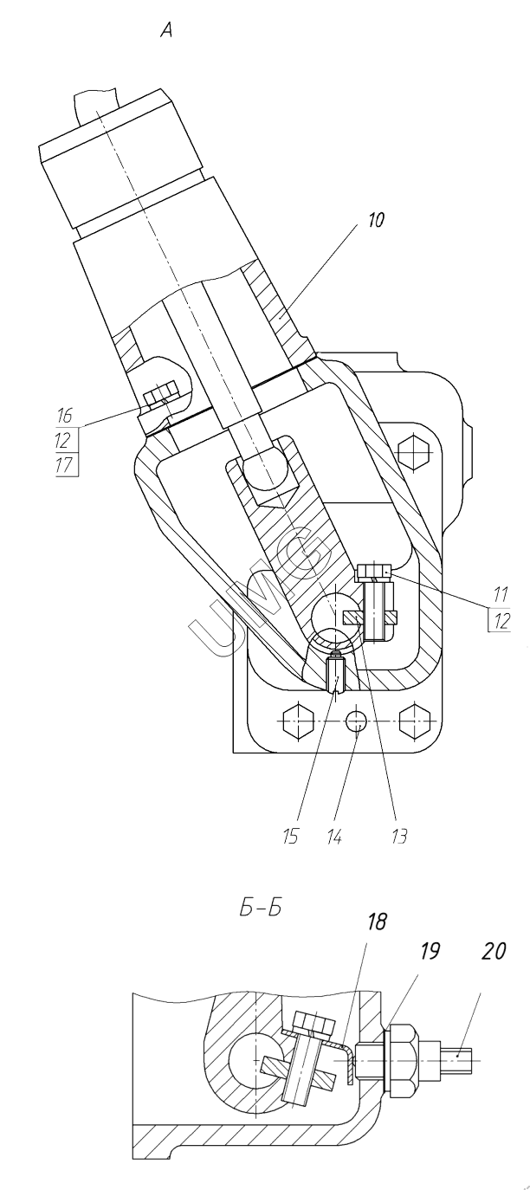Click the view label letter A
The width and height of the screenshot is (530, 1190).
pos(167,32)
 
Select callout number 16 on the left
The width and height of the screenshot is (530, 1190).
pos(64,416)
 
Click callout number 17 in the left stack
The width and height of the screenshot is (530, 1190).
pos(64,466)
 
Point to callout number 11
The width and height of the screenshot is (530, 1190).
pos(501,594)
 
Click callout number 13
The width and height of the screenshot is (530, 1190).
pos(399,837)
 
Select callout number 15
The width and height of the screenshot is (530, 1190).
pos(290,837)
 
